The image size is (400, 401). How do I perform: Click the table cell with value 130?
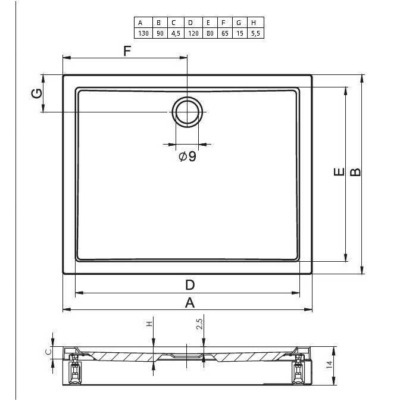point(143,33)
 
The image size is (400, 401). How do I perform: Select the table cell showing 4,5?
point(176,33)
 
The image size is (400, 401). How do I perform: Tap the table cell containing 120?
point(193,33)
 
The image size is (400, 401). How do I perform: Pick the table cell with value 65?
point(225,33)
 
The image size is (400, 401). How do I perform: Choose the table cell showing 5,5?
point(255,33)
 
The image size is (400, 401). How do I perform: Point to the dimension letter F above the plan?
point(127,51)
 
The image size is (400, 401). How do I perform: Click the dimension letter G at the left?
point(37,93)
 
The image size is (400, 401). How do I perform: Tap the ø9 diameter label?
point(187,156)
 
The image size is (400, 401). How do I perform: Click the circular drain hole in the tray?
point(187,98)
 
